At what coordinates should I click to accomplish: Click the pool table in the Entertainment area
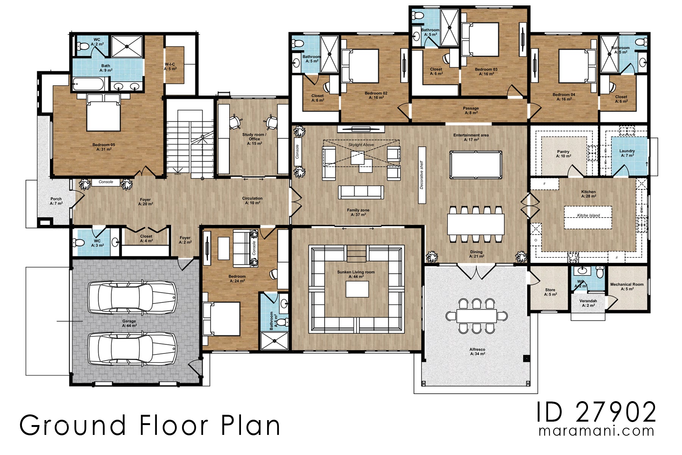(476, 165)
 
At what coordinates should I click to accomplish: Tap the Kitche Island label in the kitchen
(588, 215)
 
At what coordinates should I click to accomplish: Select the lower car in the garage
(132, 348)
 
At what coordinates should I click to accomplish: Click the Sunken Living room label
(356, 272)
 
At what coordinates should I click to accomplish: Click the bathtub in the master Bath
(88, 84)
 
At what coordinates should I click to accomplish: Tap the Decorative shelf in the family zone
(422, 175)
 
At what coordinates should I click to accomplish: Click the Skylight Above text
(361, 145)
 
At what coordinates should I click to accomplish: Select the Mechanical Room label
(627, 284)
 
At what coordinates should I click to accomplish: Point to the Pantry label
(563, 152)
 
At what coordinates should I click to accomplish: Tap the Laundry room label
(627, 151)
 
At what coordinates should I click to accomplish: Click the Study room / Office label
(254, 137)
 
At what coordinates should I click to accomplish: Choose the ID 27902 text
(596, 412)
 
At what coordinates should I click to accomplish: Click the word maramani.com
(596, 431)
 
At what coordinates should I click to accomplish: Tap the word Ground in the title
(73, 425)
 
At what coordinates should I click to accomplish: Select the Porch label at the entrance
(56, 199)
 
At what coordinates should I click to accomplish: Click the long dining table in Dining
(476, 224)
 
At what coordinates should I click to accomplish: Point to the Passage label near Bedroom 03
(471, 108)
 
